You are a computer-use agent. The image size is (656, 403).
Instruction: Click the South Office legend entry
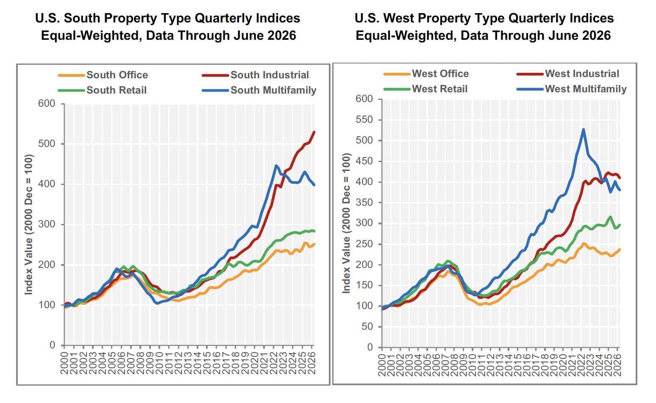coord(103,75)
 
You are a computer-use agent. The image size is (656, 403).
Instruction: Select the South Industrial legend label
coord(256,75)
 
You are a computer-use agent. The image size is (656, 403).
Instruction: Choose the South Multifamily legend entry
coord(259,90)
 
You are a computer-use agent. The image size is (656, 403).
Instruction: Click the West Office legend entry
coord(426,74)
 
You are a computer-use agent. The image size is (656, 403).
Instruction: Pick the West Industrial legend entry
coord(568,74)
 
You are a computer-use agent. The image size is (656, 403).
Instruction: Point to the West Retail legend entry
coord(425,89)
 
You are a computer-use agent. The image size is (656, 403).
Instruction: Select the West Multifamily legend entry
coord(572,89)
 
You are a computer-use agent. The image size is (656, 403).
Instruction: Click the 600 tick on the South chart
coord(47,104)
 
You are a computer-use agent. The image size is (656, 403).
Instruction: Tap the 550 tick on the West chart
coord(364,120)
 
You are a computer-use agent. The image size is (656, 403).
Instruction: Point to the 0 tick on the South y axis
coord(53,345)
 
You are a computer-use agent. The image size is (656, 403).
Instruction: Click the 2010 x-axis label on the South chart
coord(159,363)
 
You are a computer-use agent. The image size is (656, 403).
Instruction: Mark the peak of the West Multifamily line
coord(584,129)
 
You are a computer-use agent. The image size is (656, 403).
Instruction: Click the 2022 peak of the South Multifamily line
coord(276,166)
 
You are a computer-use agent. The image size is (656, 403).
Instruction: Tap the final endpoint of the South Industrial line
coord(314,132)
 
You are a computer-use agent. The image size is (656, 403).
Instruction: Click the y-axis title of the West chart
coord(346,223)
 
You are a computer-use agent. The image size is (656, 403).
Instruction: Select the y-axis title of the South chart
coord(28,225)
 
